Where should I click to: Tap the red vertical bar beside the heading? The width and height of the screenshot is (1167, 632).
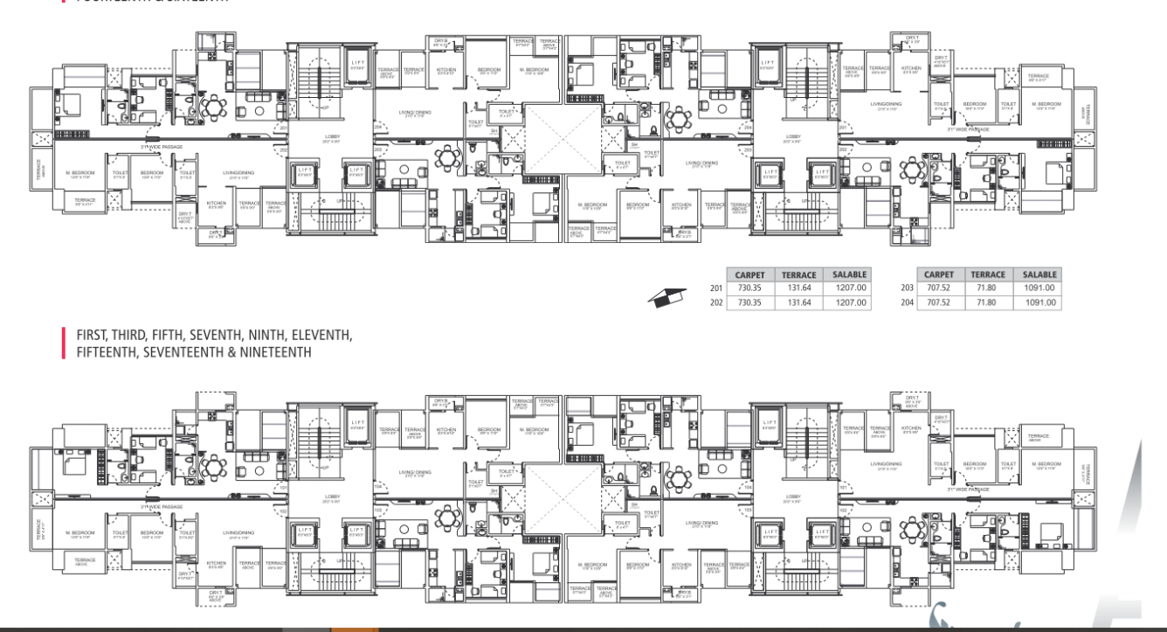click(64, 344)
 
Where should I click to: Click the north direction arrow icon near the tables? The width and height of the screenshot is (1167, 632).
click(666, 298)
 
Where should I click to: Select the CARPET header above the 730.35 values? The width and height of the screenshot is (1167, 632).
click(749, 274)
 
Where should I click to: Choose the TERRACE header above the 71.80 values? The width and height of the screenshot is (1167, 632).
click(988, 274)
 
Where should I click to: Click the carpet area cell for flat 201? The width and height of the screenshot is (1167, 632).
click(749, 288)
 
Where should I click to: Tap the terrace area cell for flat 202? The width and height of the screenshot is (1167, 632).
click(798, 302)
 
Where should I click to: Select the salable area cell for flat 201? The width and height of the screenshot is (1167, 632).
click(849, 288)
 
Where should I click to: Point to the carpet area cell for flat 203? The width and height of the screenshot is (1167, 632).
click(938, 288)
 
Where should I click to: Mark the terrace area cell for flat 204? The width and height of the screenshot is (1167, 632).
click(988, 302)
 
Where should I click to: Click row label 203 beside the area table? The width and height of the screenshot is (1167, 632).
click(906, 288)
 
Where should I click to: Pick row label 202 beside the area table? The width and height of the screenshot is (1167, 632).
click(716, 302)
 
